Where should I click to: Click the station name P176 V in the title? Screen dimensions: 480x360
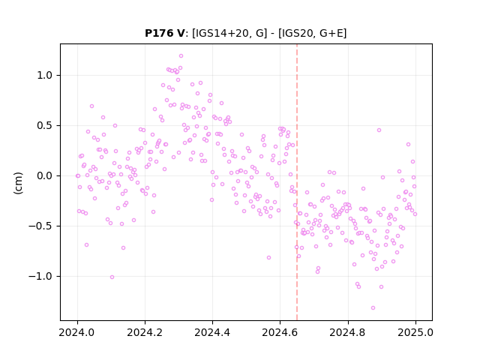(x=165, y=33)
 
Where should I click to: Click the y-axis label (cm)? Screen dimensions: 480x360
(x=18, y=183)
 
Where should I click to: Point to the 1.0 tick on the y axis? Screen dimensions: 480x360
(x=45, y=75)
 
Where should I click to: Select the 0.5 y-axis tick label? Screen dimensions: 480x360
(x=45, y=125)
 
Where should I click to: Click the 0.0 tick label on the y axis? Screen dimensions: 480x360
(x=45, y=175)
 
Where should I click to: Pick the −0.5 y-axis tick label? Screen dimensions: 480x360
(x=40, y=226)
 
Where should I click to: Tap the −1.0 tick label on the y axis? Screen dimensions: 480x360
(x=40, y=277)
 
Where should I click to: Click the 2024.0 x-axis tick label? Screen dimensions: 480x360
(x=77, y=332)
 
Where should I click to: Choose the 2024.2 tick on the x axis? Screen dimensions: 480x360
(x=145, y=332)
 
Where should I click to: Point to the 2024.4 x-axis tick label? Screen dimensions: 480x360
(x=212, y=332)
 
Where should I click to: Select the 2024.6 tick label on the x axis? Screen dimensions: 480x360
(x=280, y=332)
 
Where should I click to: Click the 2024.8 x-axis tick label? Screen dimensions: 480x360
(x=348, y=332)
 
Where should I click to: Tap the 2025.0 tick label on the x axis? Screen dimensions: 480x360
(x=415, y=332)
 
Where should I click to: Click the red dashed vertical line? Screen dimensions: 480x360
(x=297, y=182)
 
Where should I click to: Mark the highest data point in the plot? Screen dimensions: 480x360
(x=181, y=56)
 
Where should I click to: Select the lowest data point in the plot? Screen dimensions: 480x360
(x=373, y=308)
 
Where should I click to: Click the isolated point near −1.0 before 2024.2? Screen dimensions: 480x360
(x=112, y=277)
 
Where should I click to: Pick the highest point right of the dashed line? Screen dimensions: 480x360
(x=379, y=130)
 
